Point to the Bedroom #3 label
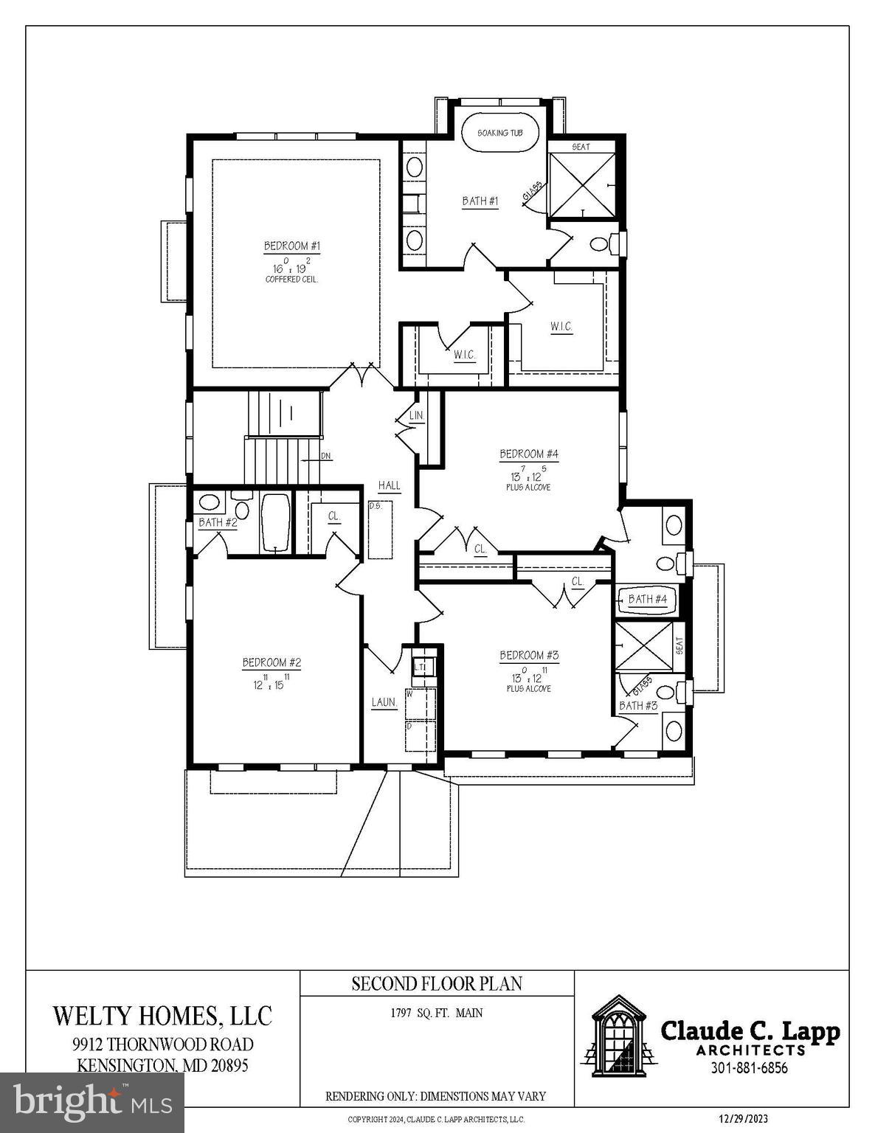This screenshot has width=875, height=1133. point(528,655)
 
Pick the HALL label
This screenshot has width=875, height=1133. point(389,485)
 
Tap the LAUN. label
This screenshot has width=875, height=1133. point(384,702)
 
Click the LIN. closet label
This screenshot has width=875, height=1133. point(416,416)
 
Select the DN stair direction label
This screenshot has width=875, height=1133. point(326,457)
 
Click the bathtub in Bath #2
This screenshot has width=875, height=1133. point(275,522)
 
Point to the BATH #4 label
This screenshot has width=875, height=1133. point(647,599)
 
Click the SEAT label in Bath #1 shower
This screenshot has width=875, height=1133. point(581,147)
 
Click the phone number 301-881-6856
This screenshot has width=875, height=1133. point(749,1068)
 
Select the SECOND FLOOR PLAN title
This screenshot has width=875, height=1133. point(437,983)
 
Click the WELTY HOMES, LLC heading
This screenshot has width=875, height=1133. point(162,1016)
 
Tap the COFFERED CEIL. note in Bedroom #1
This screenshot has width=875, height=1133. point(292,280)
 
